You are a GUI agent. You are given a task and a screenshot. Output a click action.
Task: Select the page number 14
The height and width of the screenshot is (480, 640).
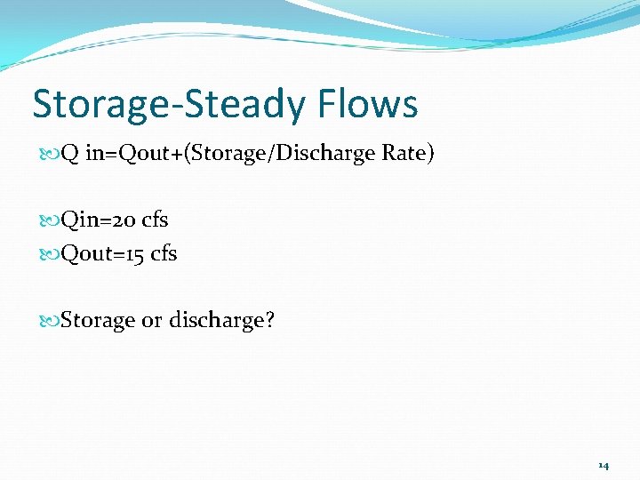(x=604, y=465)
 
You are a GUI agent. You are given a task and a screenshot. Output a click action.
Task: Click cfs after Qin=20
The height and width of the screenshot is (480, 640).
(x=156, y=220)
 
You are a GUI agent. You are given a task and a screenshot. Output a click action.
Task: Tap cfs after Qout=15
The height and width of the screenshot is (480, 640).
(x=164, y=254)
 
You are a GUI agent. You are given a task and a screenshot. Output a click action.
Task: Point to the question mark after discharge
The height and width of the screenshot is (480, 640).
(x=269, y=320)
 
